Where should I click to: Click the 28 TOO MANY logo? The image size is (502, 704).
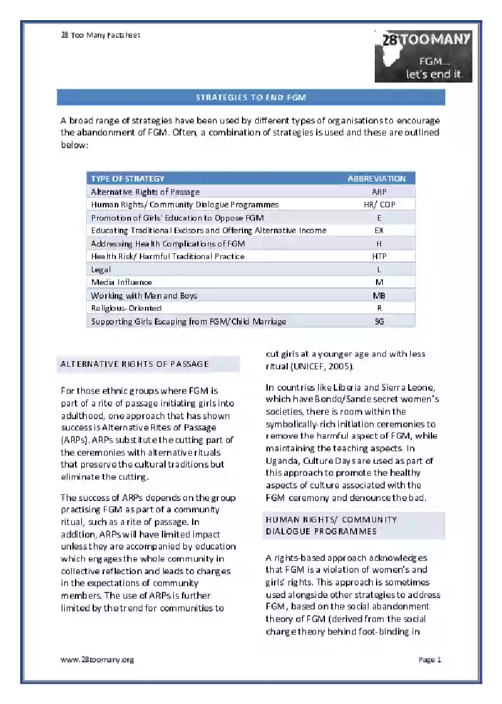[x=423, y=57]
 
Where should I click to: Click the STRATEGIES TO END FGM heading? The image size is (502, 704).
[x=251, y=98]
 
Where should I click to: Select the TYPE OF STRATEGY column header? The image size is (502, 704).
[x=128, y=179]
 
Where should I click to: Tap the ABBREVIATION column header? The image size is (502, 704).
[x=377, y=179]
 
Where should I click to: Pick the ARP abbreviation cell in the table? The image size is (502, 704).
[x=379, y=192]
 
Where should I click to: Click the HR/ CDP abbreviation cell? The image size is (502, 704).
[x=379, y=205]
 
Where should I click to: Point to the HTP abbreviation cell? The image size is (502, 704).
[x=379, y=257]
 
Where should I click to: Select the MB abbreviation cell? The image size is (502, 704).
[x=379, y=296]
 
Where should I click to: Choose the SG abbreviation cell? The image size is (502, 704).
[x=379, y=321]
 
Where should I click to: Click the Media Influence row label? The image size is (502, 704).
[x=122, y=282]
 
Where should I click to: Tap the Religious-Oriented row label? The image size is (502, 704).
[x=126, y=308]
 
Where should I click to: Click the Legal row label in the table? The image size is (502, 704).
[x=101, y=270]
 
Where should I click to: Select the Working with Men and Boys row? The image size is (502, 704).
[x=144, y=296]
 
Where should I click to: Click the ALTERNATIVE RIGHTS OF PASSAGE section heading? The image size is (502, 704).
[x=134, y=364]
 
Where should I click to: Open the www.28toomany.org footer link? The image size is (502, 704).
[x=97, y=660]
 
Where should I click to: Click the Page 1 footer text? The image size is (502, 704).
[x=430, y=660]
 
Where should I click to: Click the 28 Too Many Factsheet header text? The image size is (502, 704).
[x=100, y=35]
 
